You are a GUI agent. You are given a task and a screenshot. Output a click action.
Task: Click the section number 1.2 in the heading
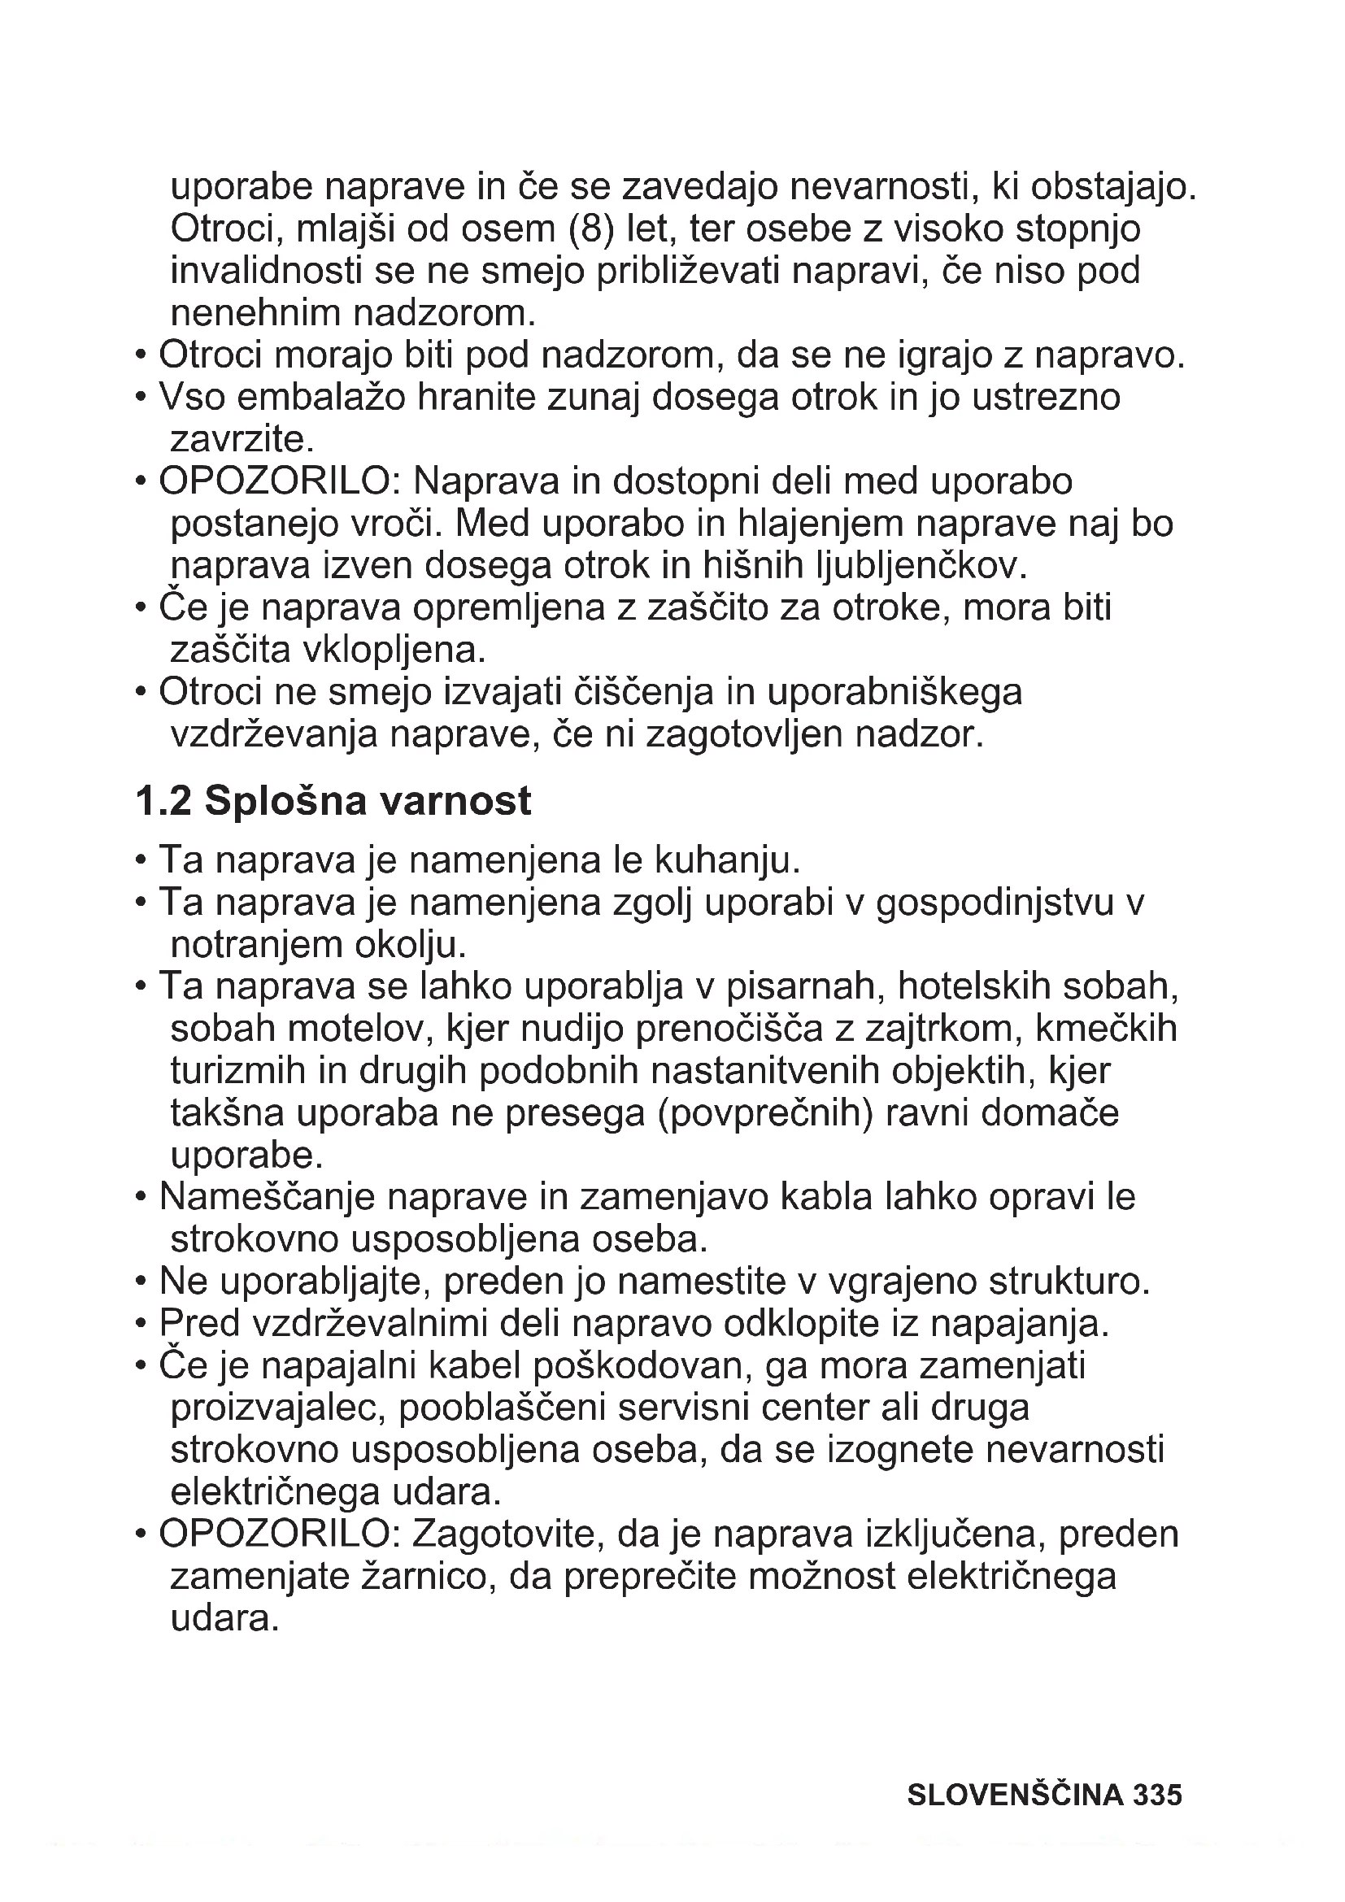click(x=163, y=801)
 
